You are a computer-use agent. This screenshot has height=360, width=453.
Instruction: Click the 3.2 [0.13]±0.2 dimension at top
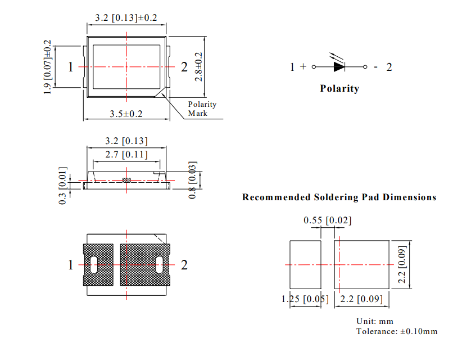pos(126,17)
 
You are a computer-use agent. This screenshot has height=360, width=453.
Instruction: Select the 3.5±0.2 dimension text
pos(126,114)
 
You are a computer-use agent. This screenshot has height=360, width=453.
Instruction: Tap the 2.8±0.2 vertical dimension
pos(198,66)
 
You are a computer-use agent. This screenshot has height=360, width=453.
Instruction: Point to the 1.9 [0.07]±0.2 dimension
pos(48,67)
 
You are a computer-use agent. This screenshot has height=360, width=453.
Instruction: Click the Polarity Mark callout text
pos(201,109)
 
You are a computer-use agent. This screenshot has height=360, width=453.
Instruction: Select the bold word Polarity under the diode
pos(339,88)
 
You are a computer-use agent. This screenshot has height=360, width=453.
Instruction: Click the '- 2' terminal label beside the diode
pos(383,67)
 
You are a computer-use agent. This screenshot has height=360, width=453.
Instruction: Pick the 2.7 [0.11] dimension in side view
pos(126,154)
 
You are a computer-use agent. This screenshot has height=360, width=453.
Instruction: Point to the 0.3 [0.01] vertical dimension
pos(63,185)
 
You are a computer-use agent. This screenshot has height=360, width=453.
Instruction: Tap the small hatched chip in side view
pos(126,181)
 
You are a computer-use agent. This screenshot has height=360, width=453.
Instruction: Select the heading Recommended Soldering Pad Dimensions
pos(339,197)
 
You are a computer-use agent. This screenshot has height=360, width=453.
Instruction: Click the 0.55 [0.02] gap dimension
pos(328,220)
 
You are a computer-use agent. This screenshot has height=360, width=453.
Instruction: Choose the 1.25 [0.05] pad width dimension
pos(305,299)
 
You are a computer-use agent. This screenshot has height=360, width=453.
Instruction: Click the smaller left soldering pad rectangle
pos(305,264)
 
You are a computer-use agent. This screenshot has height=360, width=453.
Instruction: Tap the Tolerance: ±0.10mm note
pos(396,331)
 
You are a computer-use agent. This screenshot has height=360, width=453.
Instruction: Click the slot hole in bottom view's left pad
pos(93,264)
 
